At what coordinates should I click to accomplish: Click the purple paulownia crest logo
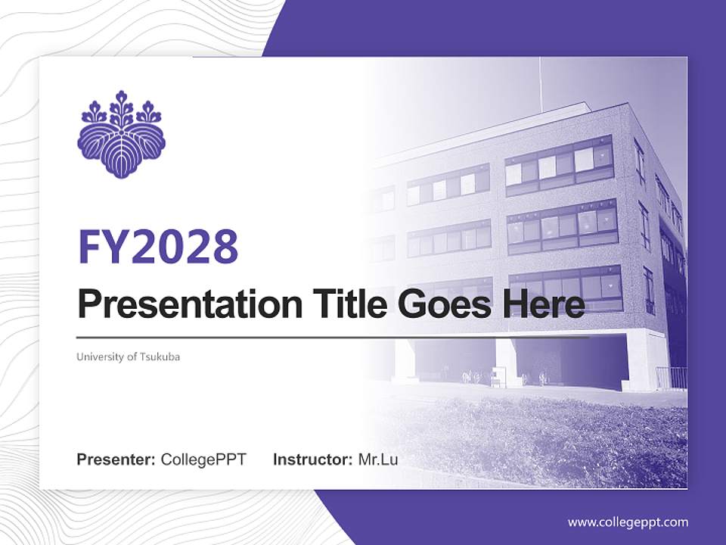coord(121,134)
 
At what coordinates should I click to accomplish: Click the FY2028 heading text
coord(158,247)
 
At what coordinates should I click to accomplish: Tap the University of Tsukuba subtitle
coord(129,357)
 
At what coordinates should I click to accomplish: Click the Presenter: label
coord(116,459)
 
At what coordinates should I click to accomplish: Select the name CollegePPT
coord(203,459)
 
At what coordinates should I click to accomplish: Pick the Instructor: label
coord(312,459)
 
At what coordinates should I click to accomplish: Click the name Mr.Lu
coord(377,459)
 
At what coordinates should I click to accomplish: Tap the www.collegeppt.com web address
coord(628,522)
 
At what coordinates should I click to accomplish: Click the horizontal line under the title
coord(333,337)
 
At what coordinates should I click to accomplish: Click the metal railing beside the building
coord(671,376)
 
